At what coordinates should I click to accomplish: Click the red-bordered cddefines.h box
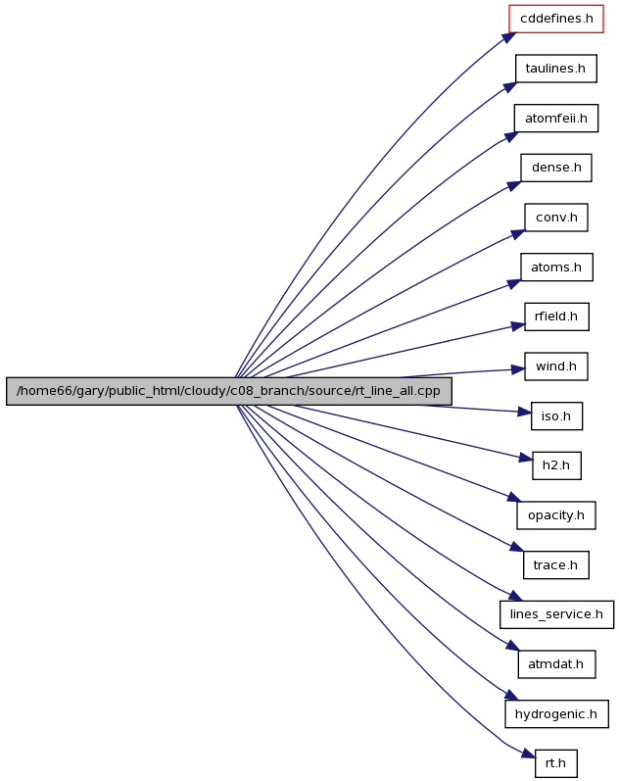pyautogui.click(x=555, y=19)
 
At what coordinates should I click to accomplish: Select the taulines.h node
pyautogui.click(x=555, y=69)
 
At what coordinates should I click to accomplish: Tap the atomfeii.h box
pyautogui.click(x=555, y=118)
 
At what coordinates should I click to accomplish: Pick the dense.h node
pyautogui.click(x=556, y=168)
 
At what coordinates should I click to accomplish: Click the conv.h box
pyautogui.click(x=555, y=218)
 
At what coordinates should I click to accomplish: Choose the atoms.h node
pyautogui.click(x=556, y=267)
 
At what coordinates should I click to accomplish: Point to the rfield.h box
pyautogui.click(x=556, y=317)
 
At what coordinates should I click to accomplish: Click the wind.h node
pyautogui.click(x=555, y=366)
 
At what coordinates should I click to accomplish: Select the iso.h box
pyautogui.click(x=556, y=415)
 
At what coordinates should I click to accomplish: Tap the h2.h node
pyautogui.click(x=556, y=465)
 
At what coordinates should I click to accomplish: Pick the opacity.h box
pyautogui.click(x=555, y=515)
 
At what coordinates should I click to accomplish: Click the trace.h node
pyautogui.click(x=555, y=564)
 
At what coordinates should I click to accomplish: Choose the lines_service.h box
pyautogui.click(x=556, y=614)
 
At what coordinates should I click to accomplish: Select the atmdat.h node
pyautogui.click(x=556, y=664)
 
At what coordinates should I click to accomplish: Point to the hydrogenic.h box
pyautogui.click(x=556, y=713)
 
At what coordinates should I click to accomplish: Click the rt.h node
pyautogui.click(x=555, y=763)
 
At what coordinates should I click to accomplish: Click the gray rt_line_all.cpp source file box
pyautogui.click(x=229, y=391)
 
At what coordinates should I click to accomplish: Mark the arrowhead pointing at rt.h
pyautogui.click(x=529, y=755)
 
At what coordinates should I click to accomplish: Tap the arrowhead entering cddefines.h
pyautogui.click(x=509, y=38)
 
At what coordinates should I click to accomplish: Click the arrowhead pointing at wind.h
pyautogui.click(x=518, y=369)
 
